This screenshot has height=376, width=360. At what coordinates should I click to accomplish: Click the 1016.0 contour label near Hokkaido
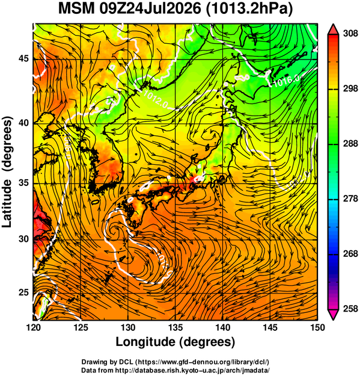[287, 81]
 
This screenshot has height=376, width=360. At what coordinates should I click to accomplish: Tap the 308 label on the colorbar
[350, 34]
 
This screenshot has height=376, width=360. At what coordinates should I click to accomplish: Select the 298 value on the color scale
[350, 88]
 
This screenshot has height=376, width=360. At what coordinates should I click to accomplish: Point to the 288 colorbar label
[350, 144]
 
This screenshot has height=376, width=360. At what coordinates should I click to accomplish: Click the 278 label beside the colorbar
[350, 199]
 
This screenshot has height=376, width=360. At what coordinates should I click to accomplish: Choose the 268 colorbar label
[350, 254]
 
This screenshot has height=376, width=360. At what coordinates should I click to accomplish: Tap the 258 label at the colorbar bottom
[350, 309]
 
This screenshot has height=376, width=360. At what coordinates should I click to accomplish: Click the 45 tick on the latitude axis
[23, 59]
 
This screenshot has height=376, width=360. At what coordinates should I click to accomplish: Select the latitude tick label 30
[23, 239]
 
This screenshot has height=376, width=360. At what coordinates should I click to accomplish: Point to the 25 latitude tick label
[23, 293]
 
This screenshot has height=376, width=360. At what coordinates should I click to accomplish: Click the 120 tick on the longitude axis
[33, 327]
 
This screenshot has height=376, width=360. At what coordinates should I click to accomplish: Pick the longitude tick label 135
[175, 327]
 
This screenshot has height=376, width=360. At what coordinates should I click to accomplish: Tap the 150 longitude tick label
[317, 327]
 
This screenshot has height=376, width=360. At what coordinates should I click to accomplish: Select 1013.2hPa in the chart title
[249, 9]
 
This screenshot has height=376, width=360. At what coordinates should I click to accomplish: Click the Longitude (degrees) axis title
[175, 342]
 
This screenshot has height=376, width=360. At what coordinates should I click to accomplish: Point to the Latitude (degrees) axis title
[8, 172]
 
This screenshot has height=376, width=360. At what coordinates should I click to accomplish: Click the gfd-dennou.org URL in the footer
[202, 362]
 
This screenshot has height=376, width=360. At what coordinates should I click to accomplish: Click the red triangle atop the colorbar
[334, 29]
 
